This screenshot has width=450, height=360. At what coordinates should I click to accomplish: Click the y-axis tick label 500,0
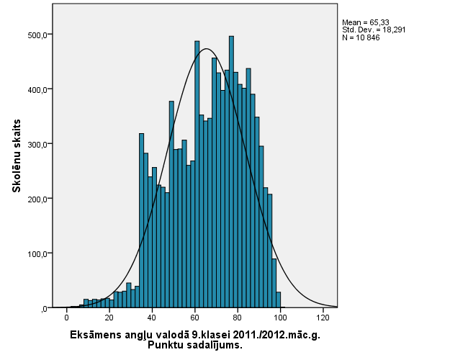pos(37,35)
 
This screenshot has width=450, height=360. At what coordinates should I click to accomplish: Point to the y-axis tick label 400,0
pos(37,89)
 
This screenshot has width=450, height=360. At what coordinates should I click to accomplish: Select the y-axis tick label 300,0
pos(37,144)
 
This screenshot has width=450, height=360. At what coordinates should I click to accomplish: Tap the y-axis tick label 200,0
pos(37,199)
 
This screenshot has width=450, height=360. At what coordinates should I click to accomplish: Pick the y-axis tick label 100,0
pos(37,253)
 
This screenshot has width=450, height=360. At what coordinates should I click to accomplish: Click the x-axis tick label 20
pos(109,318)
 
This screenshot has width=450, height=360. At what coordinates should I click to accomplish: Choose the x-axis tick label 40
pos(152,318)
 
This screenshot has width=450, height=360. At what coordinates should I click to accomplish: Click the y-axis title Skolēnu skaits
pos(16,156)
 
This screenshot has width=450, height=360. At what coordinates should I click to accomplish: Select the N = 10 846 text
pos(361,37)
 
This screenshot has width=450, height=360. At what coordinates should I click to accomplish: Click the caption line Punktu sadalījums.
pos(194,345)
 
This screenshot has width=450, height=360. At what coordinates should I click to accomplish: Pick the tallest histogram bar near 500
pos(231,173)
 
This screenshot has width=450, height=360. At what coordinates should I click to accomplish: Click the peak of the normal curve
pos(207,49)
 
